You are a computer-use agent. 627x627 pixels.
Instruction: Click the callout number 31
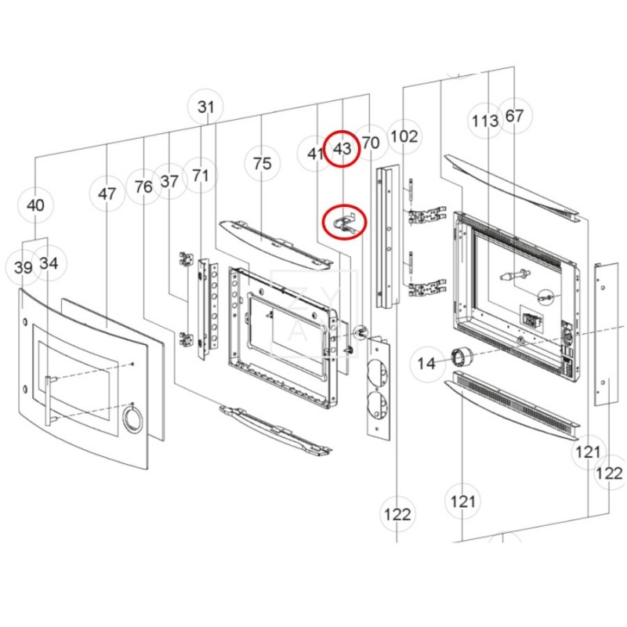pos(206,107)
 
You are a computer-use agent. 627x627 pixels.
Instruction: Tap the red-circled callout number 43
pos(342,149)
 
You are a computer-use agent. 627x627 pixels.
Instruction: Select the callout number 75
pos(263,164)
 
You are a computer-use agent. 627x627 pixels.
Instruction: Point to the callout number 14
pos(426,364)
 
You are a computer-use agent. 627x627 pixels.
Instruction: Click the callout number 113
pos(485,121)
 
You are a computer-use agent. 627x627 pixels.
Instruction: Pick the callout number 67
pos(514,116)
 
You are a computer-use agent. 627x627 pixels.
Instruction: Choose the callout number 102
pos(404,136)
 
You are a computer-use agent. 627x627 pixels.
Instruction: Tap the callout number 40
pos(35,205)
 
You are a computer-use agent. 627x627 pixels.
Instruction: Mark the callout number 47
pos(107,194)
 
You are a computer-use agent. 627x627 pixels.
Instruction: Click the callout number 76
pos(143,187)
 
